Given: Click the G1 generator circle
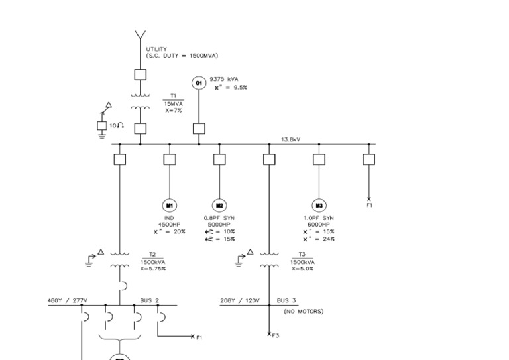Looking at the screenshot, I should click(198, 82).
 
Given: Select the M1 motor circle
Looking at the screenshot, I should click(170, 206).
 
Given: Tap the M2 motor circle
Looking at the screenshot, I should click(219, 206).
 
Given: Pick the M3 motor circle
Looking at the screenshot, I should click(319, 206).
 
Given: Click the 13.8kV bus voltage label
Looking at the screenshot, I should click(290, 139).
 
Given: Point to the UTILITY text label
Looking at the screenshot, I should click(156, 49).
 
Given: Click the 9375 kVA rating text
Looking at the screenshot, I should click(224, 79).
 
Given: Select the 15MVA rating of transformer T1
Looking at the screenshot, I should click(174, 103).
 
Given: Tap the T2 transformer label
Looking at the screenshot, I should click(152, 255).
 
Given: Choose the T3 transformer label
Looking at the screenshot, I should click(302, 255).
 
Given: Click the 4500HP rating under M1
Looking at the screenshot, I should click(170, 225).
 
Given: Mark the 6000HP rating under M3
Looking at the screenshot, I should click(319, 225).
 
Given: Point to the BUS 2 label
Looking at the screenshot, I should click(150, 300).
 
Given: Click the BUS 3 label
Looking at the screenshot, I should click(286, 300).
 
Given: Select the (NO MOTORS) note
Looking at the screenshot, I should click(304, 311).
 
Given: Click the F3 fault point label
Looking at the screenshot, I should click(276, 335).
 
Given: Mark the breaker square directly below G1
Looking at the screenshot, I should click(198, 129).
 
